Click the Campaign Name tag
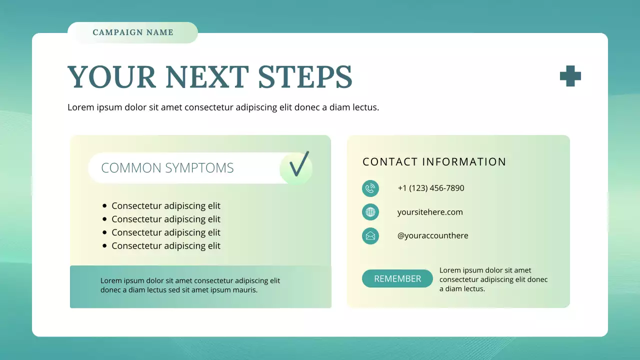[x=133, y=32]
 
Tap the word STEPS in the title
[x=305, y=77]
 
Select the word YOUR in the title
[x=112, y=77]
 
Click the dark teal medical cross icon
[x=570, y=76]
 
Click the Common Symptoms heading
[x=167, y=168]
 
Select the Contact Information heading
[x=434, y=162]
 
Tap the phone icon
[x=370, y=188]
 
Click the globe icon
[x=370, y=212]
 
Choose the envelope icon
[x=370, y=235]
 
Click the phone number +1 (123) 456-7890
[x=431, y=188]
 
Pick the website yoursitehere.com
[x=430, y=212]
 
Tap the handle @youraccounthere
[x=433, y=235]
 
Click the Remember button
[x=397, y=278]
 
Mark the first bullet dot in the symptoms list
[x=104, y=205]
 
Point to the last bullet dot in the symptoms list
[x=104, y=245]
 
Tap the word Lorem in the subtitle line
[x=79, y=107]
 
